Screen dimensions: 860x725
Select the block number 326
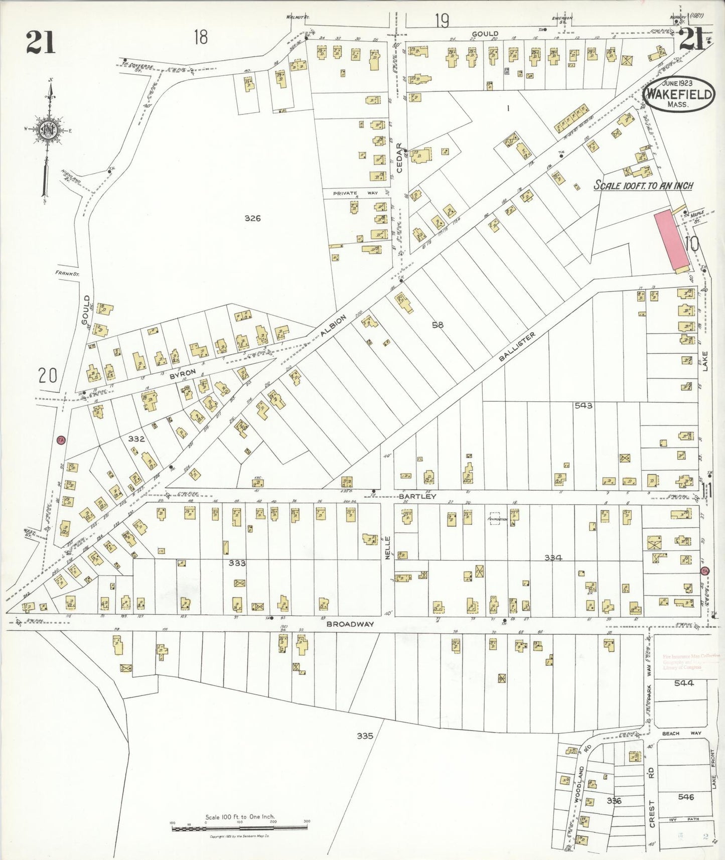tap(252, 218)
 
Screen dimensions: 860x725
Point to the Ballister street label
tap(517, 346)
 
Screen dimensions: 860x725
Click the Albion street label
tap(334, 326)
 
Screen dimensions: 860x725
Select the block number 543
tap(584, 405)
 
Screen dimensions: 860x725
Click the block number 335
tap(365, 736)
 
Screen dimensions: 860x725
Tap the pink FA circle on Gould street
tap(61, 440)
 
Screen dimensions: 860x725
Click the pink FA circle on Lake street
tap(704, 571)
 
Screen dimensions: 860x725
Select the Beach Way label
tap(681, 734)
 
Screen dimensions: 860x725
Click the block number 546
tap(685, 797)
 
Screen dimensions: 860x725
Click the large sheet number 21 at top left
tap(40, 42)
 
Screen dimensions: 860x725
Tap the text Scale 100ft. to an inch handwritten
tap(643, 186)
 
